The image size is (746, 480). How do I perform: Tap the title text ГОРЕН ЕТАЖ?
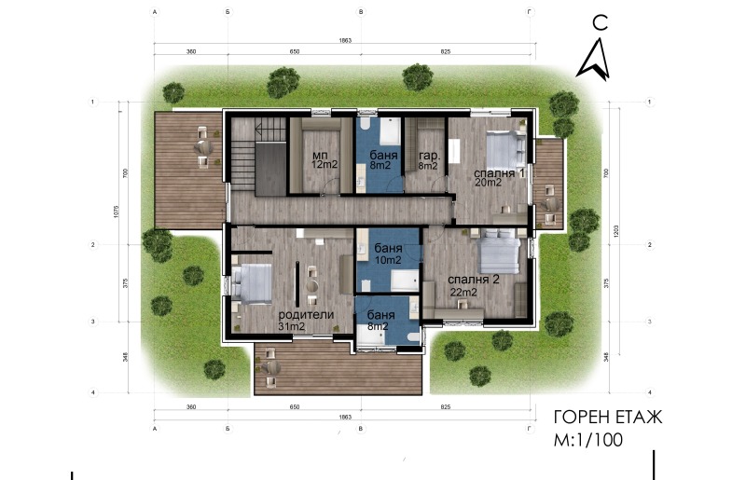coord(607,418)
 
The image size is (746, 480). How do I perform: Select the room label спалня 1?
coord(500,172)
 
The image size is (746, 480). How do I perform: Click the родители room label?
coord(306,315)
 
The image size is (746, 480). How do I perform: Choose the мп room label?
coord(320,155)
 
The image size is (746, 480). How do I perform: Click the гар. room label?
coord(429,155)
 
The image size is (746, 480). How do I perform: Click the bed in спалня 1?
coord(506,148)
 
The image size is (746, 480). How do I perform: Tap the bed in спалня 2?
coord(499,250)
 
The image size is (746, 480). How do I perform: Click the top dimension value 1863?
coord(344,43)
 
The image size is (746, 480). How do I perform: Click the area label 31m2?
coord(293,326)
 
